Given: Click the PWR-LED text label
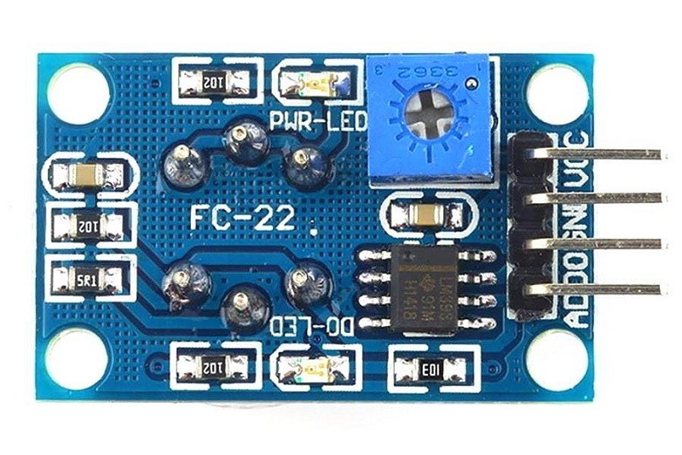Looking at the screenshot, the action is click(x=317, y=120).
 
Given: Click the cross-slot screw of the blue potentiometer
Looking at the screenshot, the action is click(x=426, y=114).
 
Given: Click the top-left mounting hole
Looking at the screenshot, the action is click(x=78, y=92).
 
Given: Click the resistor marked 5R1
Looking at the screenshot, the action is click(x=88, y=277).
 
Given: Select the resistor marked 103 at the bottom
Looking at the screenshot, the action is click(x=428, y=369).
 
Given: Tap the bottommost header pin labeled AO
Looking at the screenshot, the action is click(x=597, y=289).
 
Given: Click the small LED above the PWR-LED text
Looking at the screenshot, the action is click(x=314, y=83).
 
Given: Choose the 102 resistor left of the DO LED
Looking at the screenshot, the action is click(x=214, y=367).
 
